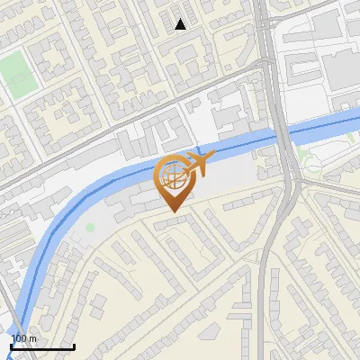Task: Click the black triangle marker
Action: tap(181, 24)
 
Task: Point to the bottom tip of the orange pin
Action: tap(172, 211)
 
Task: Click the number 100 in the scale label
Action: tap(19, 338)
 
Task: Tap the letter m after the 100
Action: tap(32, 338)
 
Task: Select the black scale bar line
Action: tap(41, 347)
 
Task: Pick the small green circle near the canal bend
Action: tap(90, 227)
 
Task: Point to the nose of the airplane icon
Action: tap(211, 157)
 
